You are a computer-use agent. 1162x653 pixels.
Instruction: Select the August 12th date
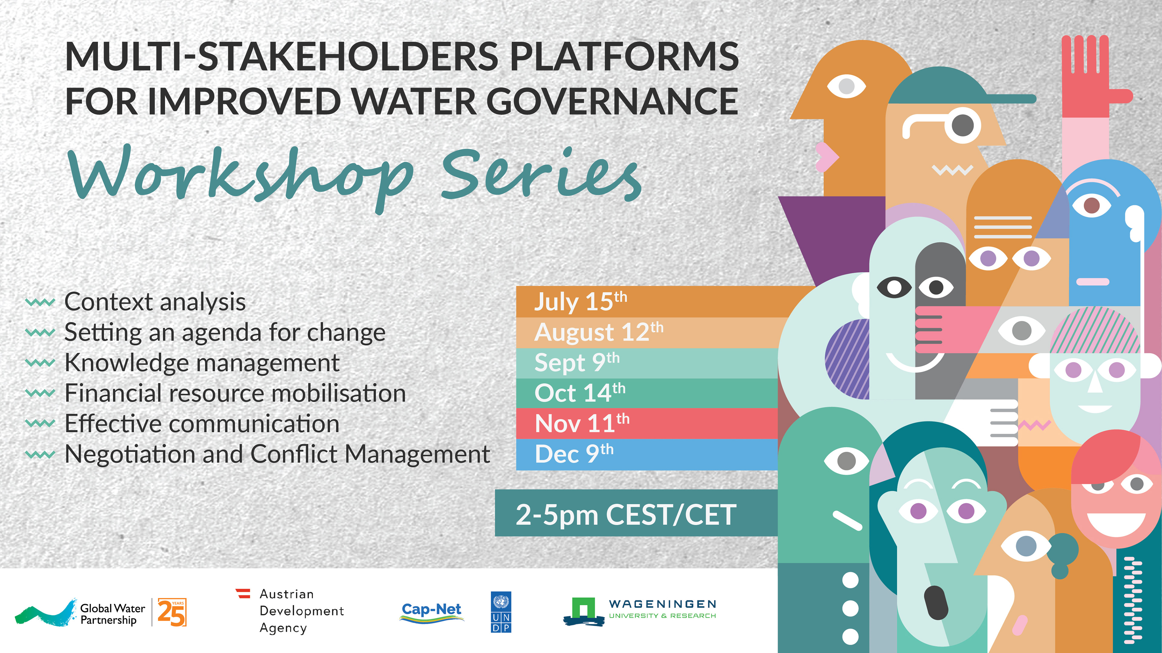click(599, 332)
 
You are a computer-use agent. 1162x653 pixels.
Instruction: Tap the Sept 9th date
click(577, 362)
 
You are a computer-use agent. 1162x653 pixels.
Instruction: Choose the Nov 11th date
click(582, 423)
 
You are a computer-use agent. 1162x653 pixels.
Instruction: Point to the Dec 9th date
click(574, 454)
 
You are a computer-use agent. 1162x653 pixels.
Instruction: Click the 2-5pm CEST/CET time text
click(626, 515)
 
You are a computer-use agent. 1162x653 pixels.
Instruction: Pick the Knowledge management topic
click(202, 363)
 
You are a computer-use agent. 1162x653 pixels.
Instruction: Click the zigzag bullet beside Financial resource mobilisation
click(40, 393)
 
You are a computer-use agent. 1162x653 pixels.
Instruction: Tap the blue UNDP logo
click(501, 612)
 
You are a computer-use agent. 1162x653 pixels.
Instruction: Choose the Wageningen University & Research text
click(662, 609)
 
